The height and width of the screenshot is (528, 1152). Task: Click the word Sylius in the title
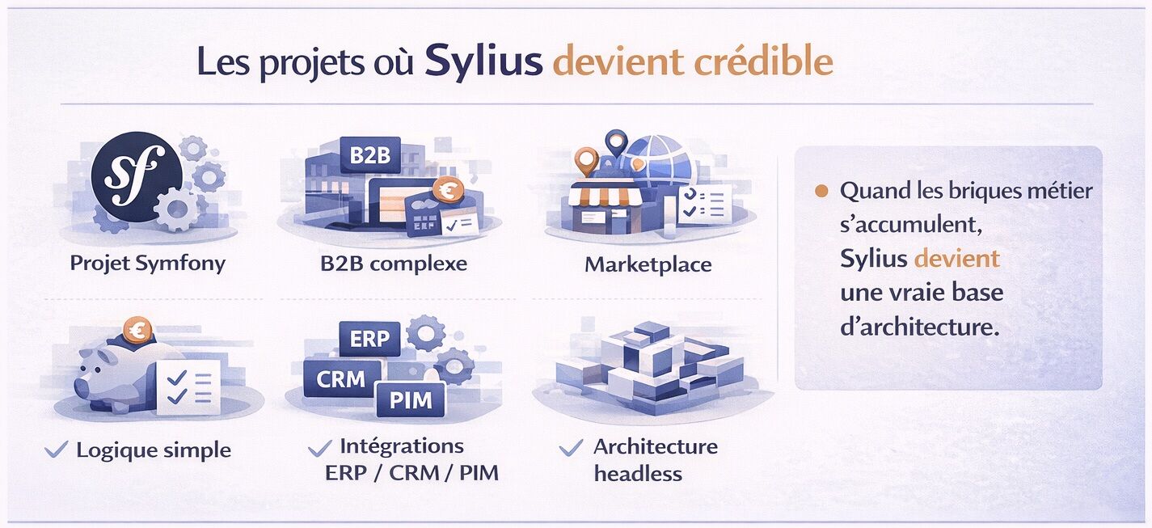tap(483, 61)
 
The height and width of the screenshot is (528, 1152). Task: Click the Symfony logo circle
tap(135, 176)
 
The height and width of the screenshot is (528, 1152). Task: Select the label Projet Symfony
tap(147, 263)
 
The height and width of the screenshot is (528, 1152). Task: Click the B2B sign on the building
tap(370, 155)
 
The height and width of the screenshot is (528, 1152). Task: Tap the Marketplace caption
tap(648, 264)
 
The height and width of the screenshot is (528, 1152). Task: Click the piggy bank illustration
tap(113, 372)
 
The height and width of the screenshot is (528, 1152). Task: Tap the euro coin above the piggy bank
tap(139, 328)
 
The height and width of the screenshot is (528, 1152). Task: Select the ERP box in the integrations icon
tap(369, 338)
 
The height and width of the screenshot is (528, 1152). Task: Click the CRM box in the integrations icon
tap(341, 378)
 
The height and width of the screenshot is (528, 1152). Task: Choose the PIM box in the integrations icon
tap(411, 399)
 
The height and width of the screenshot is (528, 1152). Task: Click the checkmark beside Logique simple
tap(56, 450)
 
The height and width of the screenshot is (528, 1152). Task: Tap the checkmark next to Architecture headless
tap(571, 447)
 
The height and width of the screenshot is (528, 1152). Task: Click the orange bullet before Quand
tap(821, 192)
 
